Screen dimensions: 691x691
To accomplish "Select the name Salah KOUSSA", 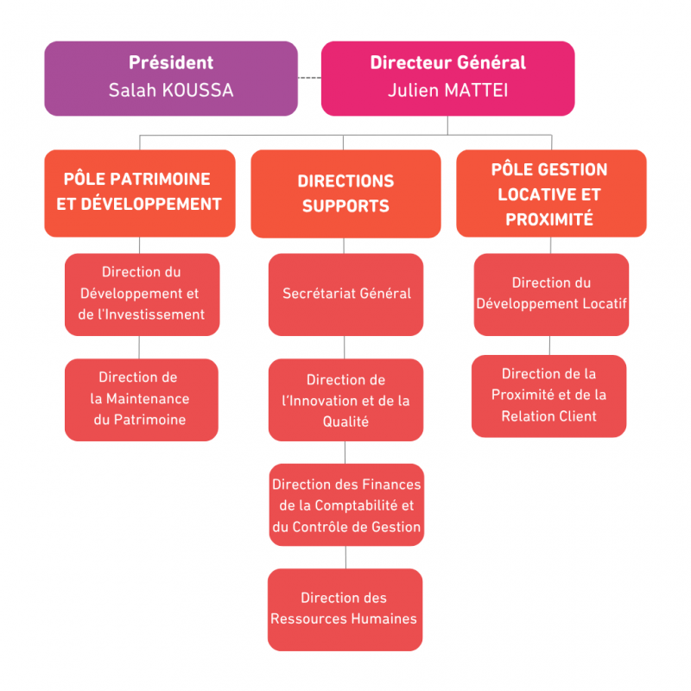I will pyautogui.click(x=171, y=90).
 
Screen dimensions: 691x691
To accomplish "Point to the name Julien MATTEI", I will pyautogui.click(x=447, y=90).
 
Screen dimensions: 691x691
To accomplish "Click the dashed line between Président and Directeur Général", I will pyautogui.click(x=309, y=79).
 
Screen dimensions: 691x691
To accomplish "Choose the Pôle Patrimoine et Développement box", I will pyautogui.click(x=140, y=193).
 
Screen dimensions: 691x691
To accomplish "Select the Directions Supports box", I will pyautogui.click(x=345, y=194).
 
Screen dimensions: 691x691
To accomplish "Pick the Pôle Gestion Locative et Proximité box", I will pyautogui.click(x=550, y=194).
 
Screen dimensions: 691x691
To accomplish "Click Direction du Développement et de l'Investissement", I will pyautogui.click(x=142, y=294).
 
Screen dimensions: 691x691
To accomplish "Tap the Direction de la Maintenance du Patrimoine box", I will pyautogui.click(x=141, y=399).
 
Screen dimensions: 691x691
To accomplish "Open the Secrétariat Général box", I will pyautogui.click(x=345, y=294).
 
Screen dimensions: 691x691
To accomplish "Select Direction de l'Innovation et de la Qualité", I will pyautogui.click(x=345, y=401).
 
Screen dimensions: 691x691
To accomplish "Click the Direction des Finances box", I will pyautogui.click(x=345, y=505).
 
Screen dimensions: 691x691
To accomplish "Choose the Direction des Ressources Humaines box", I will pyautogui.click(x=345, y=608).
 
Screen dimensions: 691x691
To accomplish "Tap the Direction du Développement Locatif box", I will pyautogui.click(x=551, y=294).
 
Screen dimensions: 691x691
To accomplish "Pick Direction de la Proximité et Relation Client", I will pyautogui.click(x=548, y=396).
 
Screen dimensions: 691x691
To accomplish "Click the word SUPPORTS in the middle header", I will pyautogui.click(x=345, y=206).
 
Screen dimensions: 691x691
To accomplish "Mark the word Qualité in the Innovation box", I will pyautogui.click(x=345, y=422).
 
